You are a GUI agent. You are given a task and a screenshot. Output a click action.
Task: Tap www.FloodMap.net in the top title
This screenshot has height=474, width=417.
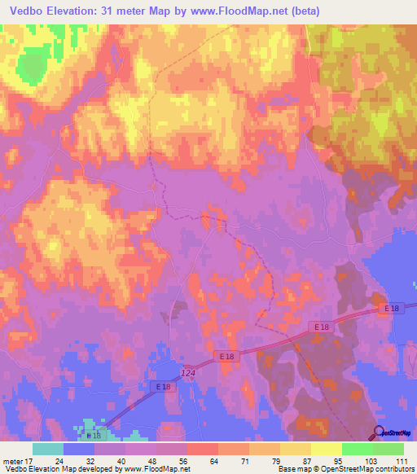click(244, 11)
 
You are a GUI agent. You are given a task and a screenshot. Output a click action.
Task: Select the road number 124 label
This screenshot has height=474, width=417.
click(188, 371)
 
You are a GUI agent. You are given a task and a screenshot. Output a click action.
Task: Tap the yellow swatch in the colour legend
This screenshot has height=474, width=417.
click(326, 448)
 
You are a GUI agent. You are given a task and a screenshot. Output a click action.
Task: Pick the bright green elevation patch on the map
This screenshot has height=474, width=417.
click(33, 64)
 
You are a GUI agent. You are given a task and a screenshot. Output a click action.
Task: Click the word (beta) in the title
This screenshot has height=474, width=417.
click(304, 11)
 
